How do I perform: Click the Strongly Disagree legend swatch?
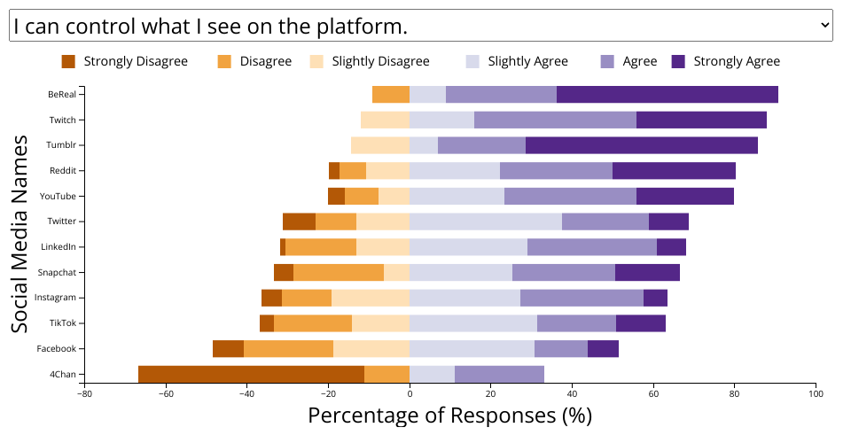coord(68,61)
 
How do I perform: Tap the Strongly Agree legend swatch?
coord(679,61)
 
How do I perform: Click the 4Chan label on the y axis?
coord(62,375)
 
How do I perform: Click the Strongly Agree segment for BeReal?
coord(668,95)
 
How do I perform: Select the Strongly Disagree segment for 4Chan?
coord(251,374)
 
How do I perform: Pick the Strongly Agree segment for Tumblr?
coord(642,145)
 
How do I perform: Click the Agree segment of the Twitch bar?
coord(555,120)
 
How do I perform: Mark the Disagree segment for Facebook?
coord(288,349)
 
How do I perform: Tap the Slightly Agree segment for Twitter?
coord(486,221)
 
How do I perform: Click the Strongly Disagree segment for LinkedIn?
coord(283,247)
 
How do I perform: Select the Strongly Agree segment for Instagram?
coord(655,298)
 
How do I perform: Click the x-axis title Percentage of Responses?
coord(449,415)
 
